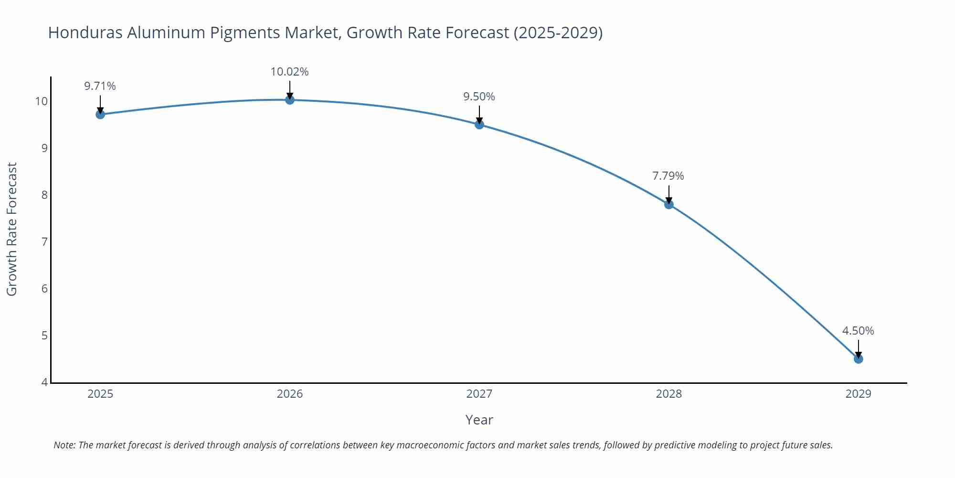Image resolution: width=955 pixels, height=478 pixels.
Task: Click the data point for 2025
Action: [x=100, y=114]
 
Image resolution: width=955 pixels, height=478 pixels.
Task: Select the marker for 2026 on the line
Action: [x=290, y=99]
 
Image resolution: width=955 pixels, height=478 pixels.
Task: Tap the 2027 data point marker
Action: [x=479, y=124]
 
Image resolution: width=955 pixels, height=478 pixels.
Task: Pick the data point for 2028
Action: [x=669, y=204]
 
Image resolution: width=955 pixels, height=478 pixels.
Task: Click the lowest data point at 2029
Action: [x=858, y=358]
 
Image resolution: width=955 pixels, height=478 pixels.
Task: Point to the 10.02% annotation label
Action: [x=289, y=72]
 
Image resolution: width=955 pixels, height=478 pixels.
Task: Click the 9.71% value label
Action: [x=100, y=86]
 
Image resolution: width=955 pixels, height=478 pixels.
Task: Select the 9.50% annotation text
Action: [x=479, y=97]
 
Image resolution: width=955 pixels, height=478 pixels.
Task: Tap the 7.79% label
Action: [x=668, y=176]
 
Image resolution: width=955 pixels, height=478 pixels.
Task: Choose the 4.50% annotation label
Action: [x=858, y=331]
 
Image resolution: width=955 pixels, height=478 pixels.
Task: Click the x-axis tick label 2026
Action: [x=290, y=394]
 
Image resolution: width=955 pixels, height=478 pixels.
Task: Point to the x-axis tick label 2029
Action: [x=858, y=394]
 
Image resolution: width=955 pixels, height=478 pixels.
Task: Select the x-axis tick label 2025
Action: [x=100, y=394]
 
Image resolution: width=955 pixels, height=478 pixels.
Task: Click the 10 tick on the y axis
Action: [x=41, y=101]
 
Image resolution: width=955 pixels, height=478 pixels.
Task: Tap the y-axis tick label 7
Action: [x=44, y=242]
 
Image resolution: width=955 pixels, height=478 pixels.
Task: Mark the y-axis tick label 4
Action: [x=44, y=382]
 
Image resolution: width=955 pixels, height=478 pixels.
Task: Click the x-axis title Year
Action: [x=479, y=420]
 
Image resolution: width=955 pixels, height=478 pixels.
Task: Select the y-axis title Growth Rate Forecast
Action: [x=12, y=229]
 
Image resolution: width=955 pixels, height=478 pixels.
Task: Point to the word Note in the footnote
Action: [x=64, y=445]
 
